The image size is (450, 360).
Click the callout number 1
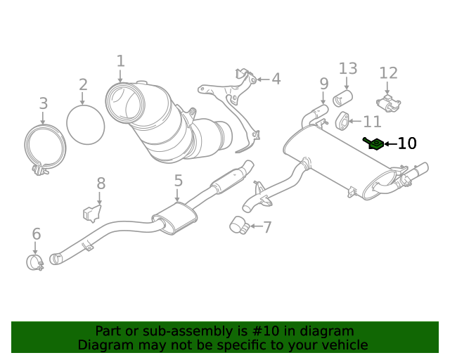pyautogui.click(x=120, y=61)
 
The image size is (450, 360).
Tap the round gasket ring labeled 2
pyautogui.click(x=85, y=124)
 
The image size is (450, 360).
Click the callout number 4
pyautogui.click(x=276, y=79)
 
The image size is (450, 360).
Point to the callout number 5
pyautogui.click(x=178, y=181)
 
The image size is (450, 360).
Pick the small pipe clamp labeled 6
pyautogui.click(x=34, y=262)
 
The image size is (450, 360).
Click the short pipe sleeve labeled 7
pyautogui.click(x=238, y=225)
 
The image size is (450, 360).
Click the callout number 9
pyautogui.click(x=323, y=84)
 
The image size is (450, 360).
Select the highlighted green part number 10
pyautogui.click(x=373, y=144)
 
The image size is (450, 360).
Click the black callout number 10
pyautogui.click(x=407, y=143)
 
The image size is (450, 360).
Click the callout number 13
pyautogui.click(x=348, y=68)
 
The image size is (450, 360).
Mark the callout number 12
pyautogui.click(x=388, y=73)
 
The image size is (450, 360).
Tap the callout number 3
pyautogui.click(x=44, y=103)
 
